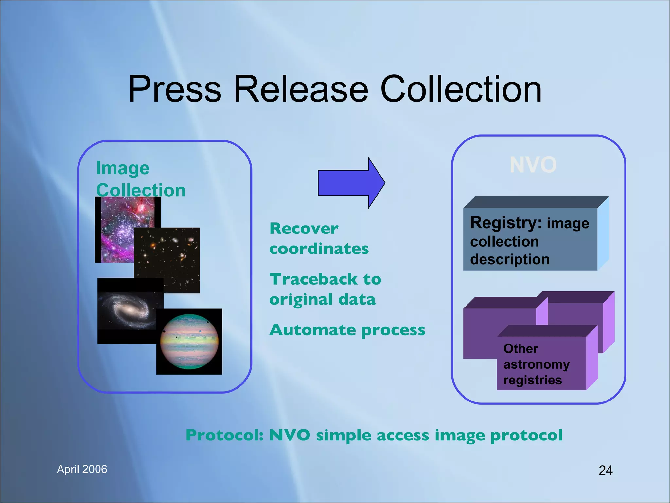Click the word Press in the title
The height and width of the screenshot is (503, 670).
point(175,89)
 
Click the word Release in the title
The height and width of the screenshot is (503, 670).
point(301,89)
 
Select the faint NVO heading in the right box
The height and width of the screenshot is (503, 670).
point(533,165)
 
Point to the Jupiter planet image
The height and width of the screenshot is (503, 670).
point(189,342)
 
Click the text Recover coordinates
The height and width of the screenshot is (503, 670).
point(319,238)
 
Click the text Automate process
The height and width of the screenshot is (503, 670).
point(347,330)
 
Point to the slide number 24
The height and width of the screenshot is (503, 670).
point(606,470)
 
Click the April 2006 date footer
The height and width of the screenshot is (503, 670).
point(82,469)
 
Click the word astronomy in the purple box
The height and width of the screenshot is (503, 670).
point(537,364)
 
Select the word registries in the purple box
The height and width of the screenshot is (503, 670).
point(533,380)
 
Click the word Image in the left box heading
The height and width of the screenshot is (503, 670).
point(123,168)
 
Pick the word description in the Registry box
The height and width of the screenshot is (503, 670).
point(510,259)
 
